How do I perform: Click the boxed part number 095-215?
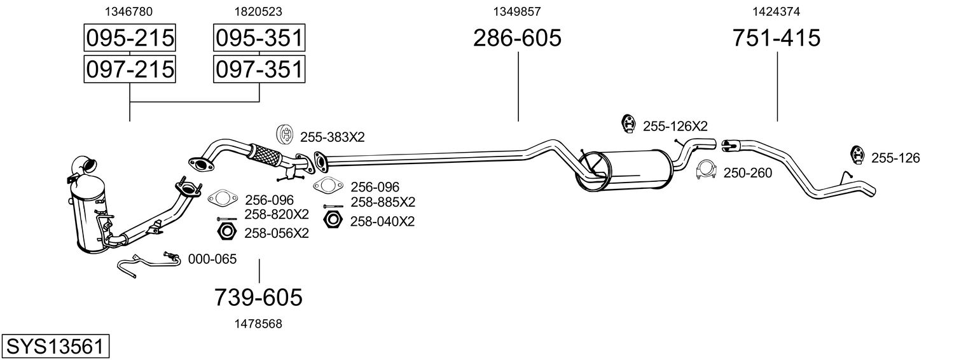click(x=130, y=38)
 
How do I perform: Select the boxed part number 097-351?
click(x=259, y=69)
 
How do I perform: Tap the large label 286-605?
click(x=517, y=38)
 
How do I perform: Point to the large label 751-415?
click(x=776, y=38)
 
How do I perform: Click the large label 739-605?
click(x=258, y=298)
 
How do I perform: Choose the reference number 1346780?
click(x=129, y=11)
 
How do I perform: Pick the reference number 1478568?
click(x=258, y=324)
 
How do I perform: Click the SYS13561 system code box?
click(x=55, y=347)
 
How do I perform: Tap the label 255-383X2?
click(x=333, y=137)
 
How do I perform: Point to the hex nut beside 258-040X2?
click(x=333, y=221)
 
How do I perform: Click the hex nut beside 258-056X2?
click(x=226, y=232)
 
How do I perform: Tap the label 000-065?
click(x=212, y=260)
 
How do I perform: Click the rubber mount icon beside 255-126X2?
click(x=628, y=124)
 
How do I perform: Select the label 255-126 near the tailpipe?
click(x=895, y=158)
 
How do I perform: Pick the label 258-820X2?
click(x=277, y=214)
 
